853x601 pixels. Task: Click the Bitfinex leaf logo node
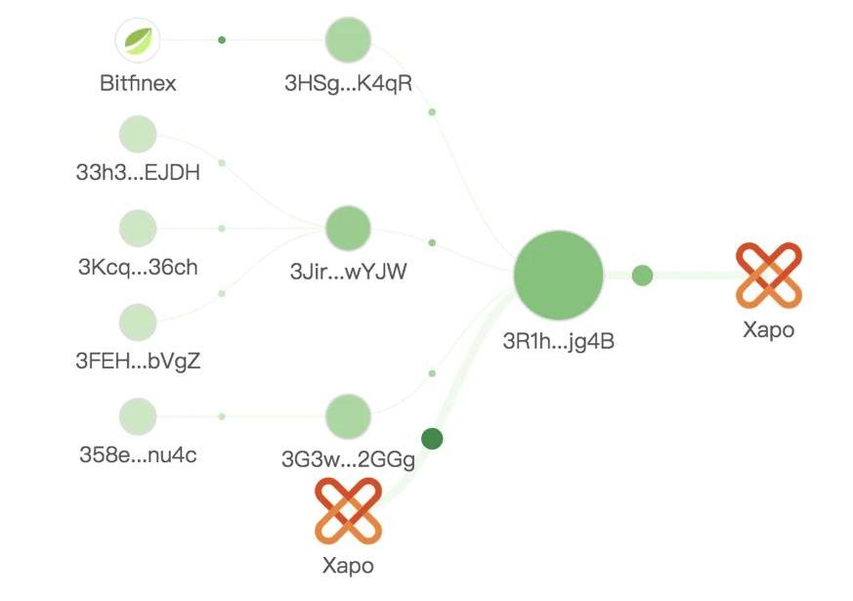click(138, 40)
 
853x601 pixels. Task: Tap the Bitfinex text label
click(138, 83)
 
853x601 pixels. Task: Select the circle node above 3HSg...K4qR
click(348, 40)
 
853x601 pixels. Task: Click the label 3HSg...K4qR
click(348, 83)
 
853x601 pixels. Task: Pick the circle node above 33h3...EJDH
click(138, 134)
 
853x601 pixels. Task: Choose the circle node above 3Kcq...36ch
click(138, 228)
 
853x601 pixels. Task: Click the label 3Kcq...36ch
click(138, 269)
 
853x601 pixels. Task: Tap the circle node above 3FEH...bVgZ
click(138, 322)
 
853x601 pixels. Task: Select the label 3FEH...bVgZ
click(138, 363)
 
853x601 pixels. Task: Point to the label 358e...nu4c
click(138, 455)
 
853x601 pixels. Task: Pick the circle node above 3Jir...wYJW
click(348, 228)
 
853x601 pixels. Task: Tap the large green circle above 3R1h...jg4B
click(559, 276)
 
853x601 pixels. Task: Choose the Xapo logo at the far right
click(768, 275)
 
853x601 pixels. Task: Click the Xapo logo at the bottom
click(348, 510)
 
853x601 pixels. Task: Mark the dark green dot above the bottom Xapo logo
click(432, 439)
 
